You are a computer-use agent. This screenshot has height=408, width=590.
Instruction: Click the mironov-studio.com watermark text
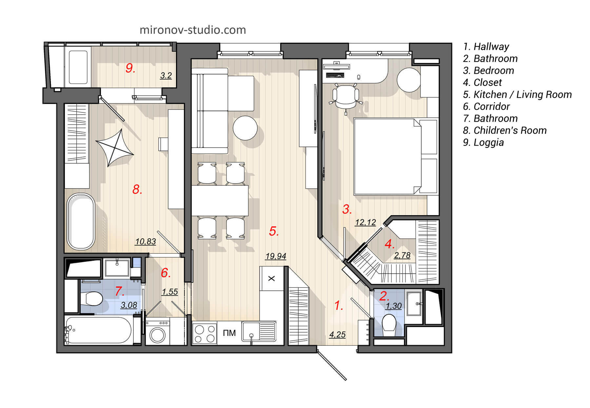tap(193, 30)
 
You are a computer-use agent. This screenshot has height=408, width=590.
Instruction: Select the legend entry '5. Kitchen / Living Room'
tap(517, 95)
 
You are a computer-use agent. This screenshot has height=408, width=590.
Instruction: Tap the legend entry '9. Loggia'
tap(483, 143)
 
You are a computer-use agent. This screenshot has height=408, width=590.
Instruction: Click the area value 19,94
tap(276, 256)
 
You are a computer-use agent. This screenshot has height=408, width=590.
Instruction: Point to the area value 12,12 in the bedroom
tap(365, 222)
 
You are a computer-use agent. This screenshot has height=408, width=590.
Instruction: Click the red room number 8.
tap(137, 189)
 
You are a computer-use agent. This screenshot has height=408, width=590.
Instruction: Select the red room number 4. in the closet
tap(389, 244)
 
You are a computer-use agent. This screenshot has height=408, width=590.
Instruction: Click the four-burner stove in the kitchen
tap(204, 333)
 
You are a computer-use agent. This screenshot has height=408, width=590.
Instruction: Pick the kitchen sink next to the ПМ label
tap(259, 332)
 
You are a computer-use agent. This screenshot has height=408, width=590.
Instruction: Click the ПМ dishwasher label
tap(229, 333)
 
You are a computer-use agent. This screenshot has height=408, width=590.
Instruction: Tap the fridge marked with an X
tap(271, 279)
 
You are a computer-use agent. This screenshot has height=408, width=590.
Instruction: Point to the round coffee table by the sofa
tap(245, 128)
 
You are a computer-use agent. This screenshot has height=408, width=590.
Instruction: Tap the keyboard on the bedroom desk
tap(335, 75)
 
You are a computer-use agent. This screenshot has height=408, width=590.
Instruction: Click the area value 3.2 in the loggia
tap(166, 76)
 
